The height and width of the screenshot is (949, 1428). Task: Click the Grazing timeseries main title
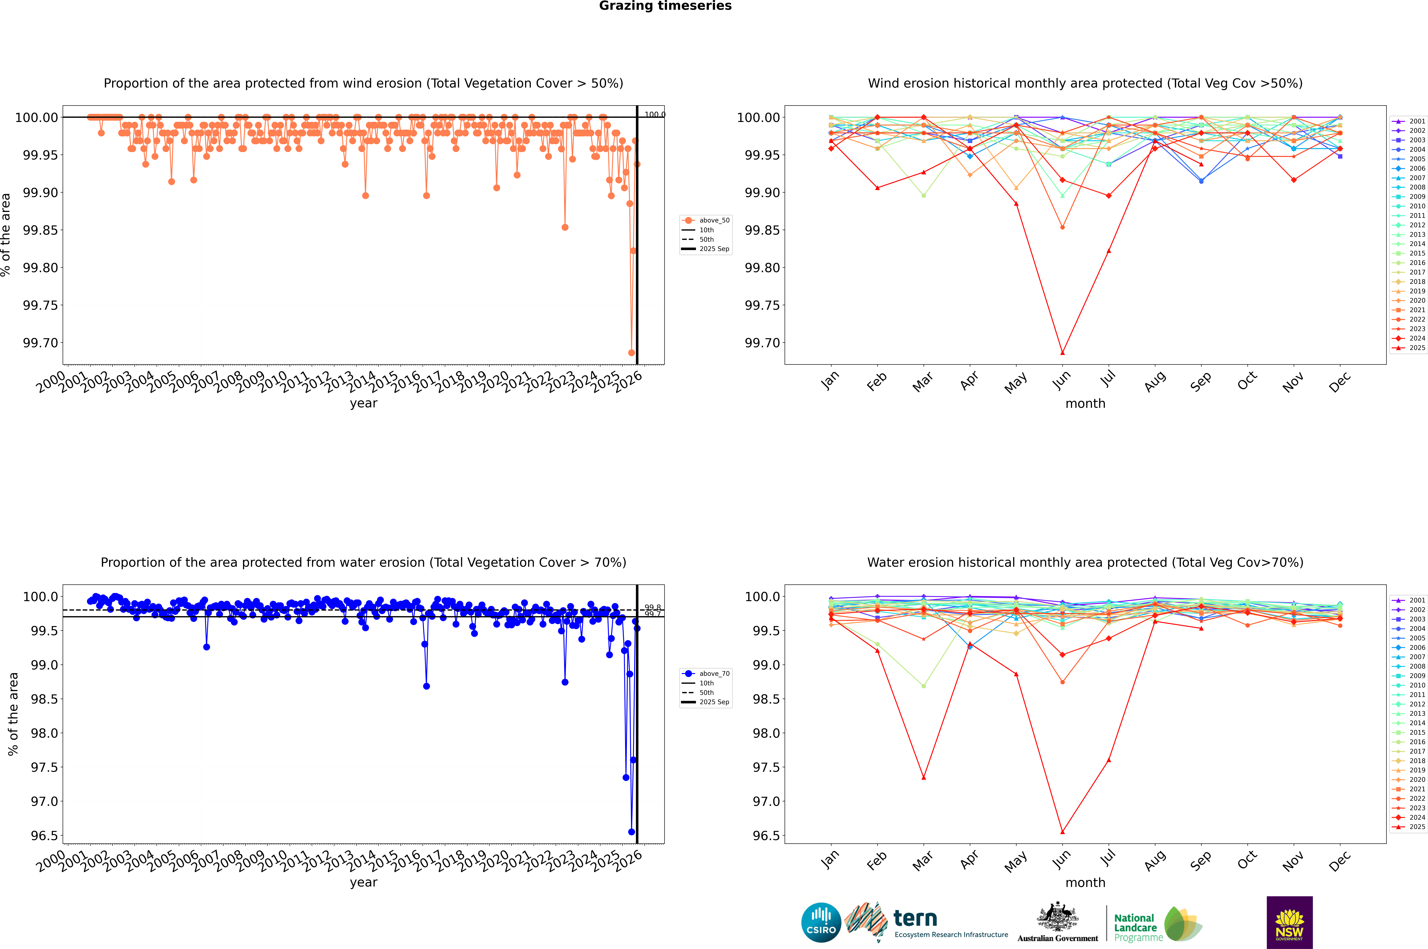coord(665,6)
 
